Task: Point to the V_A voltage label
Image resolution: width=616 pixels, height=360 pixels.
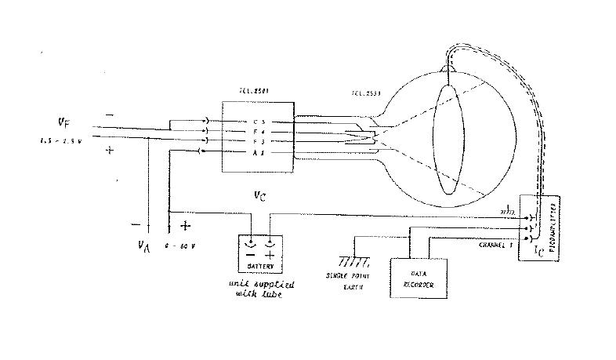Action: pyautogui.click(x=143, y=245)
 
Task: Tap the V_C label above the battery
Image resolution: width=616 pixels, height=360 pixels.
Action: pyautogui.click(x=260, y=195)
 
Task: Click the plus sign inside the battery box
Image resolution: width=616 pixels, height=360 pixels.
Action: pyautogui.click(x=270, y=256)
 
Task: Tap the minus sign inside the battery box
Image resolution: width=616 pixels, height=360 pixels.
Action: pyautogui.click(x=251, y=256)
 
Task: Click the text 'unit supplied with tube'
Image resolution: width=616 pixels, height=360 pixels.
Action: pyautogui.click(x=259, y=288)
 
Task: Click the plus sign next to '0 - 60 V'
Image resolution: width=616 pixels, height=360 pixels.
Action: pyautogui.click(x=185, y=226)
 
